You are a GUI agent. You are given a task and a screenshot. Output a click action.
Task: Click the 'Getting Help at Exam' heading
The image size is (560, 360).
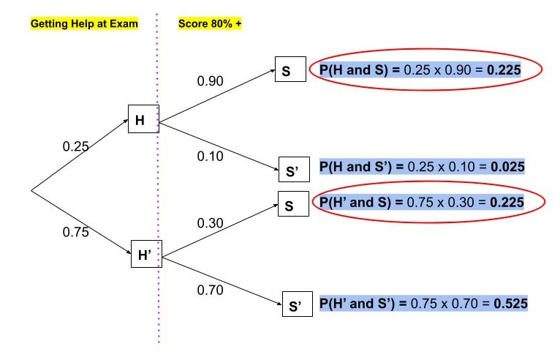click(x=84, y=23)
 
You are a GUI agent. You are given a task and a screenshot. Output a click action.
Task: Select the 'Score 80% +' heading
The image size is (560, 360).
click(x=210, y=23)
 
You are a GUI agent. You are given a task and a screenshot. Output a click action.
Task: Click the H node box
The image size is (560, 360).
click(x=143, y=119)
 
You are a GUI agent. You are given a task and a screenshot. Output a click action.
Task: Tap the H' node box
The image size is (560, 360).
click(x=145, y=255)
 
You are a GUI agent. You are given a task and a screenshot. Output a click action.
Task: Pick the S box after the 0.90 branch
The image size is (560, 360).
click(x=290, y=70)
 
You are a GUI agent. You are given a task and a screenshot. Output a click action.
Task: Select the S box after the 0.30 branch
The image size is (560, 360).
click(x=290, y=206)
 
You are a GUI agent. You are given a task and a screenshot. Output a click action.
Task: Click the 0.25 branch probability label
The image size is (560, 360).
click(x=75, y=146)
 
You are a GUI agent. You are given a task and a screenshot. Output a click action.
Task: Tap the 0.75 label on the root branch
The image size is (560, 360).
click(x=76, y=233)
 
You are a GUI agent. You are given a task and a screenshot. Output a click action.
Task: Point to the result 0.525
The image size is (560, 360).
click(x=510, y=302)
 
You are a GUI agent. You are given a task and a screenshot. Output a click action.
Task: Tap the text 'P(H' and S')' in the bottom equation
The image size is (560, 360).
click(x=356, y=302)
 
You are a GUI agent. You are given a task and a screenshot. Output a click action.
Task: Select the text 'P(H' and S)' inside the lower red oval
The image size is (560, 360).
click(x=354, y=201)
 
